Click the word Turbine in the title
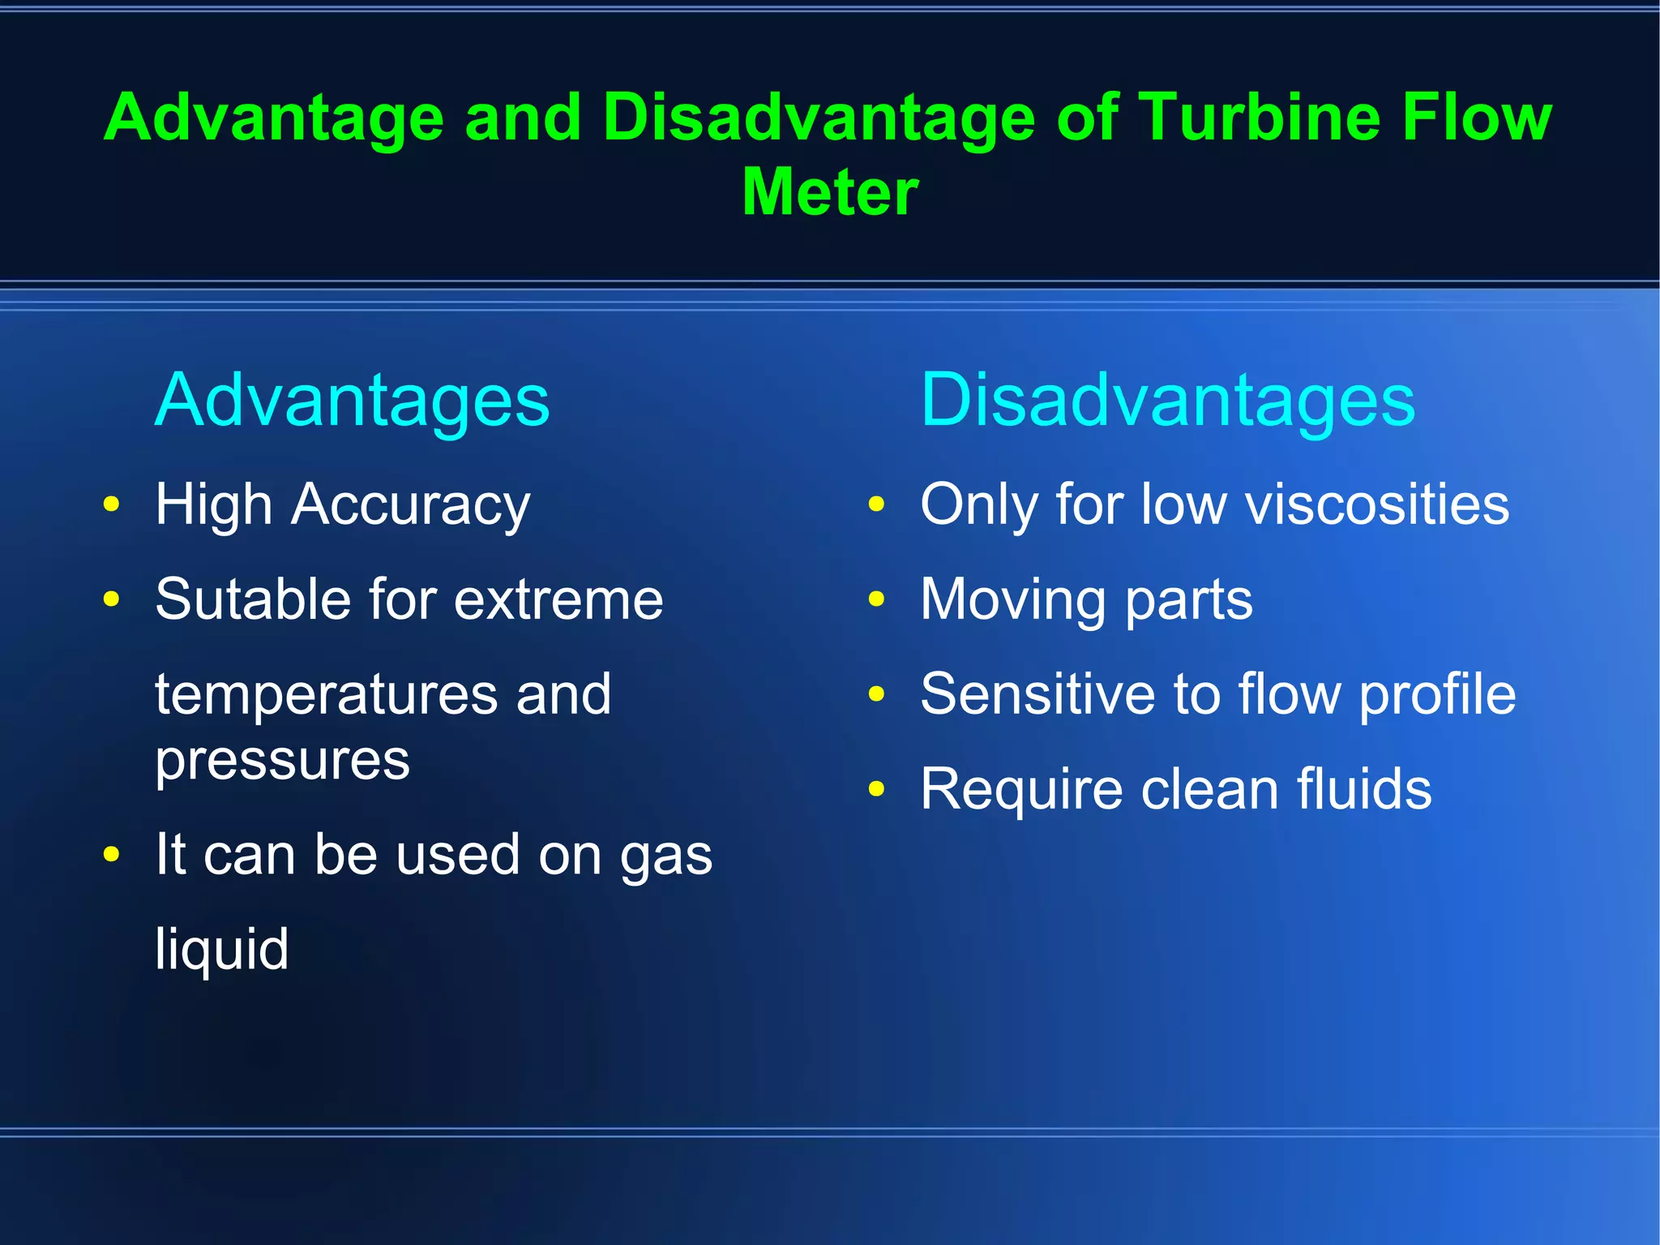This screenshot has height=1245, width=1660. pyautogui.click(x=1260, y=118)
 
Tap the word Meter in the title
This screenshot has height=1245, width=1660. pyautogui.click(x=830, y=192)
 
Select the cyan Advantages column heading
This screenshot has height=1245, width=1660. pyautogui.click(x=352, y=400)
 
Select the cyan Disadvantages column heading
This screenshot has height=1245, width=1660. pyautogui.click(x=1167, y=400)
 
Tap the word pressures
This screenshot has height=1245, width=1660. pyautogui.click(x=282, y=762)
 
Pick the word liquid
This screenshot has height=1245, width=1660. pyautogui.click(x=221, y=948)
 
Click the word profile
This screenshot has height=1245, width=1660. pyautogui.click(x=1437, y=696)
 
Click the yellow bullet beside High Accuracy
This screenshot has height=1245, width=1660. pyautogui.click(x=112, y=504)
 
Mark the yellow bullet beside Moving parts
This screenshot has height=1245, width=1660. pyautogui.click(x=876, y=599)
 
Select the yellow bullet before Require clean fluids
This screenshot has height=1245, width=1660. pyautogui.click(x=876, y=788)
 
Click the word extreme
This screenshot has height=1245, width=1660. pyautogui.click(x=558, y=600)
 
